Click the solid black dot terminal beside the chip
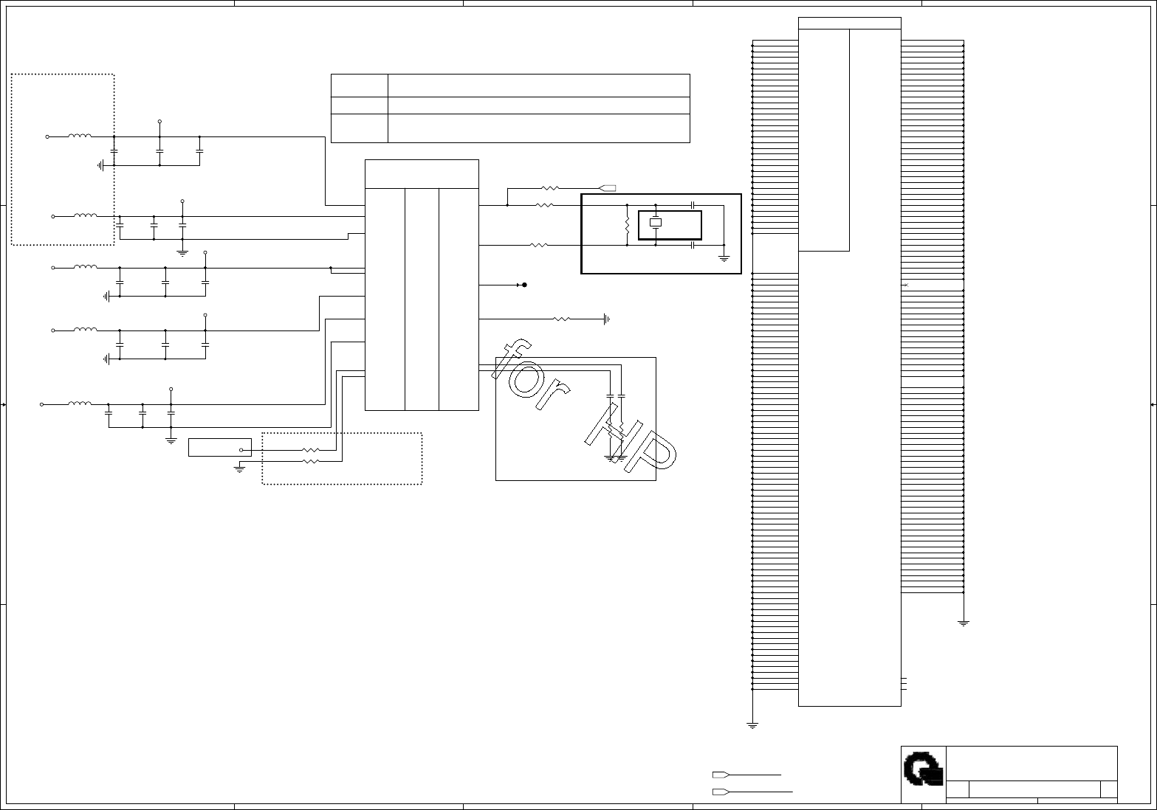524,285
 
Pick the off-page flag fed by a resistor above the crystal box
608,188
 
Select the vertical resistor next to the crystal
627,224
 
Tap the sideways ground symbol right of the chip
606,319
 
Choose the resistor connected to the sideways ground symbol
562,319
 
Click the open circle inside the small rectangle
241,450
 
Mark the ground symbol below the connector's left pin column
752,725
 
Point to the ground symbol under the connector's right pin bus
964,623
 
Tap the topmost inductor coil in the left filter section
80,136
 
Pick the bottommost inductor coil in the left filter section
80,404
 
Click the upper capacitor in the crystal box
693,205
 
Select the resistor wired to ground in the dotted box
311,461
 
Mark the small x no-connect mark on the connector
906,285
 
